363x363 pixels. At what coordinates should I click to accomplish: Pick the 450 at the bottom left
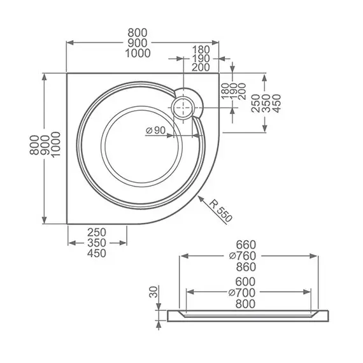[x=97, y=253]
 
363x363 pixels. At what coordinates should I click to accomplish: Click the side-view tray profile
[x=248, y=314]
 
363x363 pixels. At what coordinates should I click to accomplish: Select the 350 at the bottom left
[x=97, y=243]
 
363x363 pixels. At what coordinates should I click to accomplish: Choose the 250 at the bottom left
[x=97, y=232]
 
